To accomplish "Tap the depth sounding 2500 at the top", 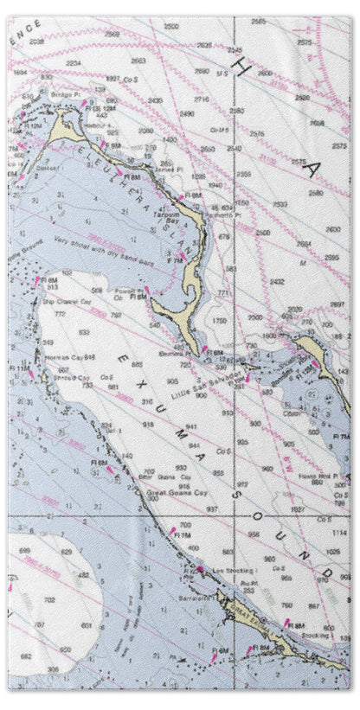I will point(171,27).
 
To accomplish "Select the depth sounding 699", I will point(24,550).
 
